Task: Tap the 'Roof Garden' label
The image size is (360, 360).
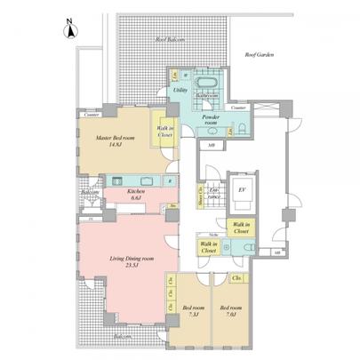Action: pos(261,55)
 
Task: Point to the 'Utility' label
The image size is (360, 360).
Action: pos(179,92)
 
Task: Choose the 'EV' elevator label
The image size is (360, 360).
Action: pos(241,190)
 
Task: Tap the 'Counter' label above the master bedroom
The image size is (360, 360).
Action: pos(90,116)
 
